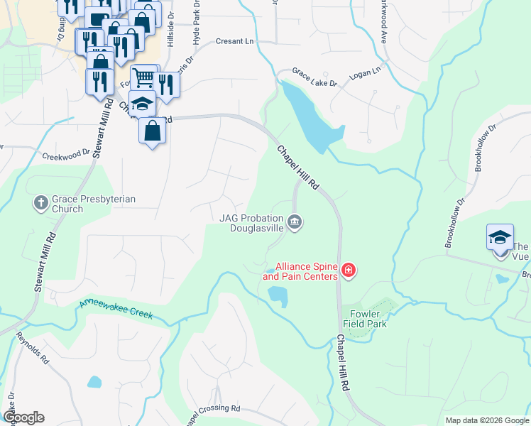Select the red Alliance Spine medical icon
pos(348,270)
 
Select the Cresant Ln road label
pos(234,42)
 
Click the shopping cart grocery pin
pos(144,77)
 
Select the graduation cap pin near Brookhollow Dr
pos(500,237)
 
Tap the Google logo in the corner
pos(23,417)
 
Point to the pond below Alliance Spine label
pos(277,296)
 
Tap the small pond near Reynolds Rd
pos(94,382)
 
